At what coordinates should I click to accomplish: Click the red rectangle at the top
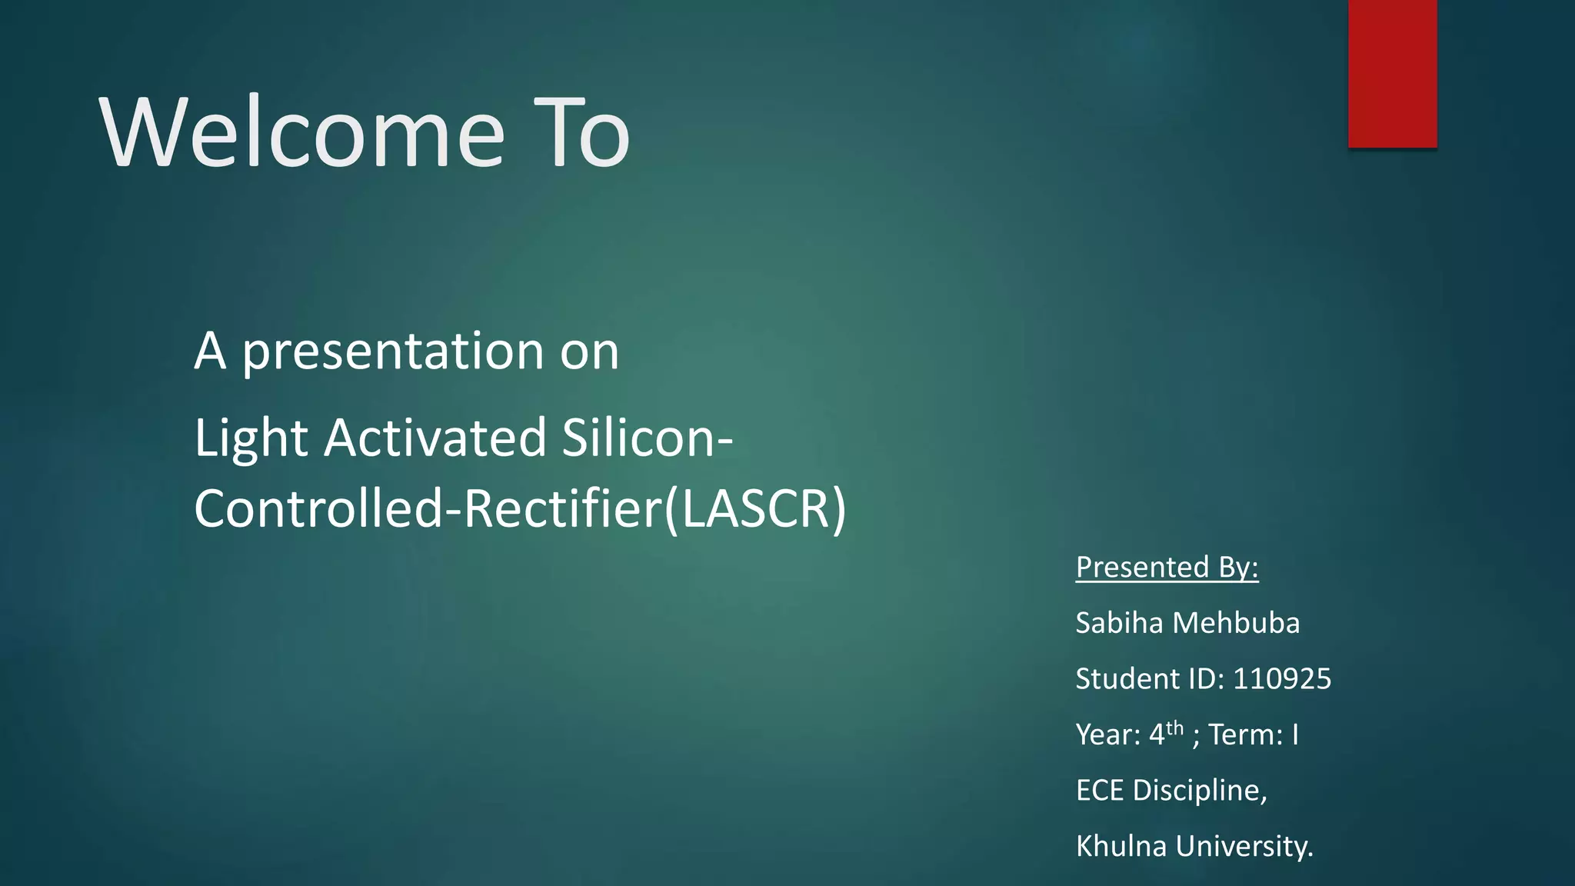click(x=1392, y=73)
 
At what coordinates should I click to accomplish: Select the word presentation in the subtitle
click(x=393, y=352)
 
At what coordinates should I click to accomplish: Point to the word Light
click(x=251, y=438)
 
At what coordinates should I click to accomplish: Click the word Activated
click(x=435, y=438)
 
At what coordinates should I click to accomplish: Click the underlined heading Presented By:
click(x=1167, y=568)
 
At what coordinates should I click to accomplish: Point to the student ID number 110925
click(x=1282, y=679)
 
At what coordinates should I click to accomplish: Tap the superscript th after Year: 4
click(x=1174, y=727)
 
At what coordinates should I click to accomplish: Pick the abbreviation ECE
click(x=1100, y=791)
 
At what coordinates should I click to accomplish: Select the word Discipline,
click(x=1200, y=791)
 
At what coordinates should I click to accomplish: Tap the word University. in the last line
click(x=1244, y=846)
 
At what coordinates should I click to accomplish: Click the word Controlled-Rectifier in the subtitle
click(x=427, y=508)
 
